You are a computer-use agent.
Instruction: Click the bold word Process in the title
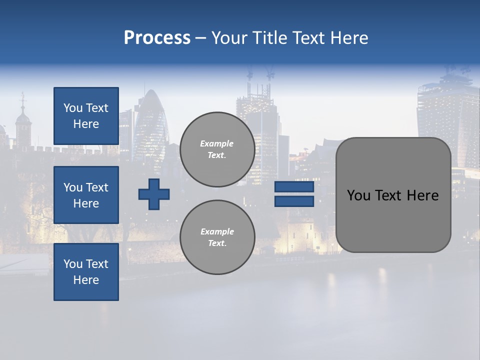pyautogui.click(x=157, y=38)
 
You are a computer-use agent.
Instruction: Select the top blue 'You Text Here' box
pyautogui.click(x=86, y=116)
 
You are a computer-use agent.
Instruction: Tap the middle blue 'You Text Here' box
pyautogui.click(x=86, y=195)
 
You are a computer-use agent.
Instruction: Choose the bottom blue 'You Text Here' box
pyautogui.click(x=86, y=272)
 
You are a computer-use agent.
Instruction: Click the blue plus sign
pyautogui.click(x=154, y=194)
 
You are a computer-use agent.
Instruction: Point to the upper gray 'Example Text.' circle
pyautogui.click(x=217, y=149)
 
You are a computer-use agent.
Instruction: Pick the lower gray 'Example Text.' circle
pyautogui.click(x=217, y=237)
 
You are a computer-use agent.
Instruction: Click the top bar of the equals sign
pyautogui.click(x=294, y=187)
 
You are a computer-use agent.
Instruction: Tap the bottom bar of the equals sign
pyautogui.click(x=294, y=201)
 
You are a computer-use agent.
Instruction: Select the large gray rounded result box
pyautogui.click(x=393, y=195)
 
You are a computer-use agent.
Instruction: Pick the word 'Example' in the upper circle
pyautogui.click(x=217, y=144)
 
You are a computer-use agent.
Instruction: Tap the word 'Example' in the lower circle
pyautogui.click(x=217, y=231)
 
